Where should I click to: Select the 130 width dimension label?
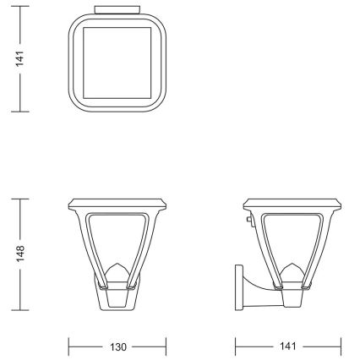tap(117, 346)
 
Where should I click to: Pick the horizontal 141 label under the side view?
tap(287, 346)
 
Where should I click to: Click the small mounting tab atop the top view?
tap(117, 11)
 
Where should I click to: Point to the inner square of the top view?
tap(117, 63)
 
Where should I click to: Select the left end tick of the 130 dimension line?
tap(68, 346)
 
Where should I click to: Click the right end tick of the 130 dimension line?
tap(166, 346)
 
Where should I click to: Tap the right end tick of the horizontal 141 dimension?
tap(341, 346)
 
